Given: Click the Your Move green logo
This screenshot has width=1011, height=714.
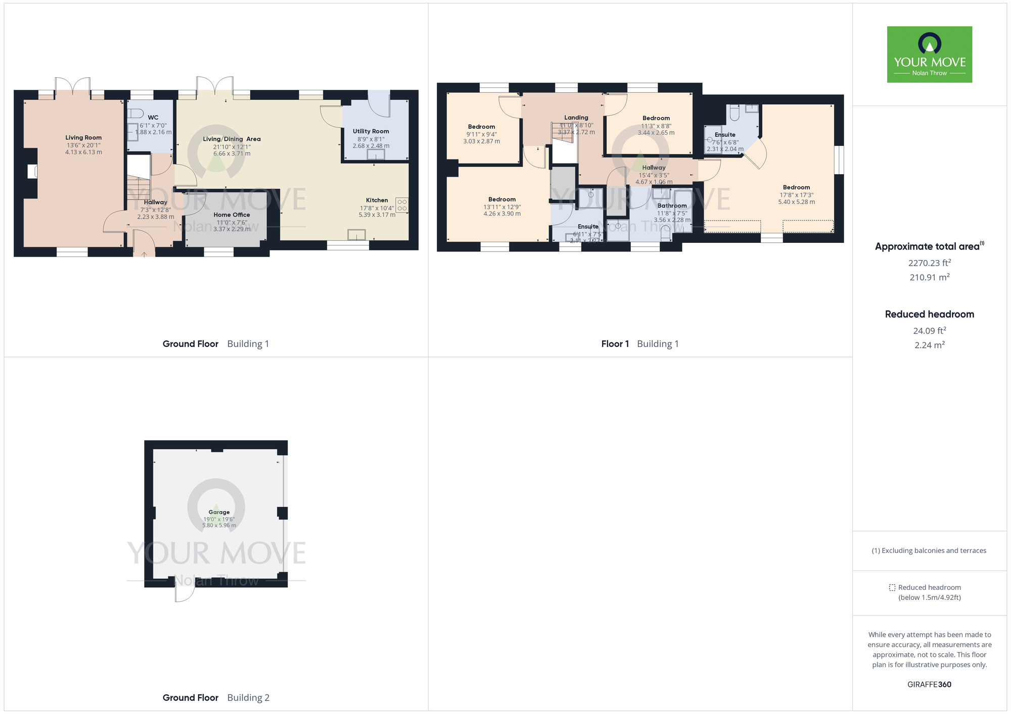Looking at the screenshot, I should click(929, 55).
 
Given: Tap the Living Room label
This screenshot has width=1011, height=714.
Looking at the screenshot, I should click(83, 137).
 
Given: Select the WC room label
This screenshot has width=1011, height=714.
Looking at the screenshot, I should click(153, 117).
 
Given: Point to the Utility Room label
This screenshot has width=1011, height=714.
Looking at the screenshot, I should click(371, 131).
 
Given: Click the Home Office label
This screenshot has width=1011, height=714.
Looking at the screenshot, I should click(232, 215).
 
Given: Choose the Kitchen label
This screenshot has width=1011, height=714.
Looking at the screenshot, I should click(377, 200).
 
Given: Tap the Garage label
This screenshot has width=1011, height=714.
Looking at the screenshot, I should click(219, 512).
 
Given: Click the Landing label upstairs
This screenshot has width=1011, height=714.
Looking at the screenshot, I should click(576, 118).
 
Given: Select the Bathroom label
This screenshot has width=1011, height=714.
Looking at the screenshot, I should click(672, 206).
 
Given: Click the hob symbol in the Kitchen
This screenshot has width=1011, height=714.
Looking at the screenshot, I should click(402, 205).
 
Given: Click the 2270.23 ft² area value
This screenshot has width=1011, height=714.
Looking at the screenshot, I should click(929, 263).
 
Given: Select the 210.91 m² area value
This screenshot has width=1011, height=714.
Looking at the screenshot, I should click(929, 277).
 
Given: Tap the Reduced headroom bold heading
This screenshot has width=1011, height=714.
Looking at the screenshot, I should click(929, 314).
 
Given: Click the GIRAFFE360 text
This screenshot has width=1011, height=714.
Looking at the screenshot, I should click(929, 685).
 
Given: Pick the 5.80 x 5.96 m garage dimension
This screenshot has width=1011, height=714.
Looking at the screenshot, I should click(219, 526).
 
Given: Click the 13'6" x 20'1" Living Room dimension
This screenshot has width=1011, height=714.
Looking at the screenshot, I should click(83, 145).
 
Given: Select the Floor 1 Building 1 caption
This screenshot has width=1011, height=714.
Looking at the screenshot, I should click(639, 344).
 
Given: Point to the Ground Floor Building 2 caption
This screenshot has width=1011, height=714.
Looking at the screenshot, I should click(216, 698).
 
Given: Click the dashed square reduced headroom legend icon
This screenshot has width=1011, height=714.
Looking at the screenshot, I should click(892, 588).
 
